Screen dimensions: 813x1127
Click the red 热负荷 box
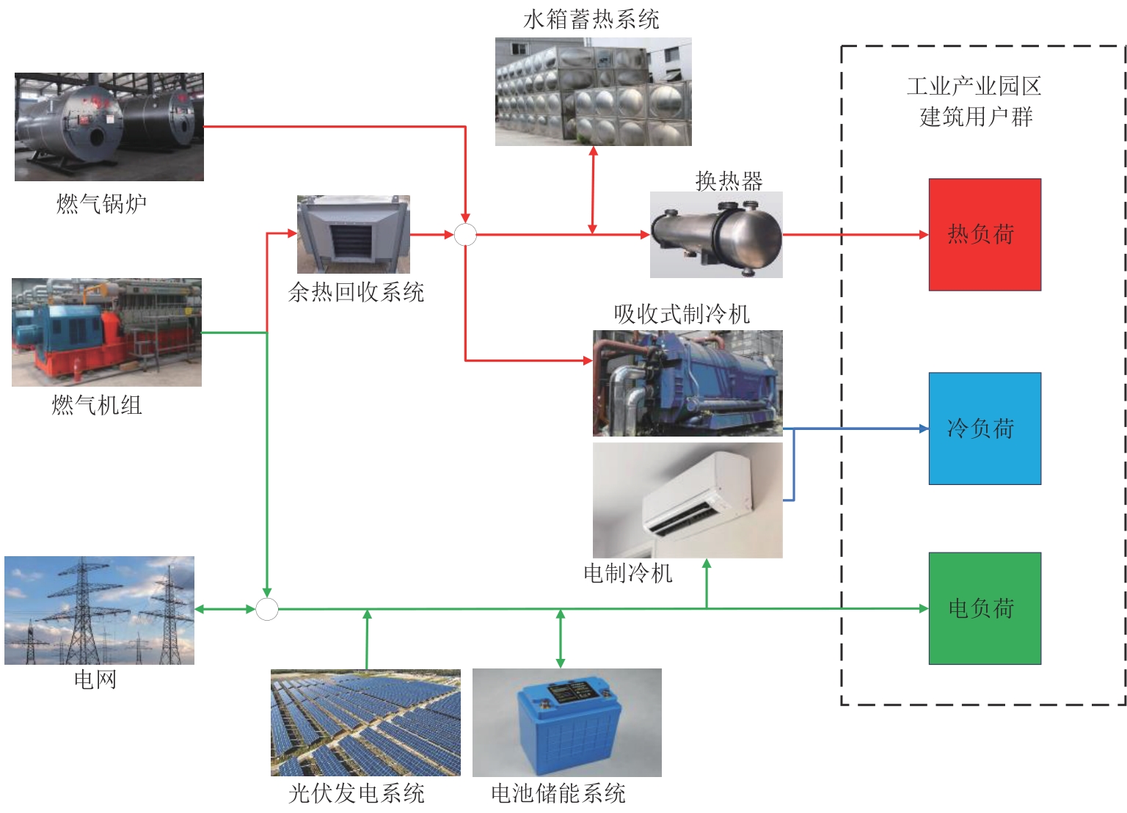pyautogui.click(x=985, y=235)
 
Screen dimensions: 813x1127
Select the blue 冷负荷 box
pyautogui.click(x=985, y=429)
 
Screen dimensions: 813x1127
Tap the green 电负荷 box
pyautogui.click(x=985, y=608)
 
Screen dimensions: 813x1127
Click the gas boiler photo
pyautogui.click(x=109, y=127)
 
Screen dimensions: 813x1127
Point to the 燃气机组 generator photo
pyautogui.click(x=106, y=332)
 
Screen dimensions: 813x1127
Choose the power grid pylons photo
pyautogui.click(x=100, y=610)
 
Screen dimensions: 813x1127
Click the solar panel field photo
pyautogui.click(x=365, y=723)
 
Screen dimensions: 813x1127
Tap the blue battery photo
pyautogui.click(x=567, y=723)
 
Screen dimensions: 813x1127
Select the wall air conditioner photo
pyautogui.click(x=687, y=500)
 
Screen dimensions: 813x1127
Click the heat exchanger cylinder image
pyautogui.click(x=716, y=235)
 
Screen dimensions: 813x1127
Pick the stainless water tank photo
pyautogui.click(x=593, y=92)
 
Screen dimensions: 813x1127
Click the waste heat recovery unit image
pyautogui.click(x=354, y=234)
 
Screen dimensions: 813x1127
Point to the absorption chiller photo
pyautogui.click(x=687, y=383)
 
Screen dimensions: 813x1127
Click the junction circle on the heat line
pyautogui.click(x=465, y=235)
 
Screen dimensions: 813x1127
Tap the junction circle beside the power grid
pyautogui.click(x=267, y=609)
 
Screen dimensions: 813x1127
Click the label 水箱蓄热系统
pyautogui.click(x=591, y=20)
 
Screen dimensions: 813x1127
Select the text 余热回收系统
pyautogui.click(x=357, y=292)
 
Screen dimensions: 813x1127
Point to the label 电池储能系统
pyautogui.click(x=558, y=793)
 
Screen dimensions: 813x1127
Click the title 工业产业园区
pyautogui.click(x=974, y=87)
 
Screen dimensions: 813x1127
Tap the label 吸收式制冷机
pyautogui.click(x=682, y=314)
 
